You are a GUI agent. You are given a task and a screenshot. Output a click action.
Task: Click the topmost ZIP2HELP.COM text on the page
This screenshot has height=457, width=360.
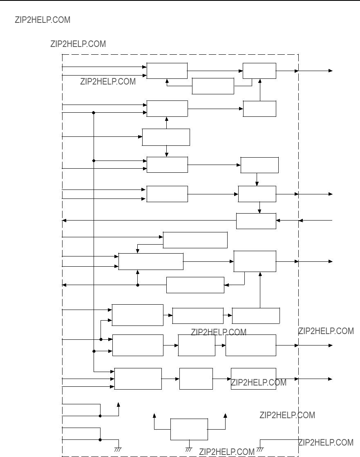click(42, 20)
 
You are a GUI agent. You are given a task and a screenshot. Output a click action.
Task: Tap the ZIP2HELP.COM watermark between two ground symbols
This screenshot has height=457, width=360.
click(227, 452)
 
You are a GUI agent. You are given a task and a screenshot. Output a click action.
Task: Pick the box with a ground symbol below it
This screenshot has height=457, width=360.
click(189, 429)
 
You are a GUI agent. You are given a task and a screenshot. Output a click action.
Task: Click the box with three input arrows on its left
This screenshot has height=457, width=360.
click(138, 379)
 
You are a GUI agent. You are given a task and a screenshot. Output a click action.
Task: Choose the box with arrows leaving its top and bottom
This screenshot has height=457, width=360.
click(166, 137)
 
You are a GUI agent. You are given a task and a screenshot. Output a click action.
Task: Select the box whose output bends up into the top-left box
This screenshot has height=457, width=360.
click(213, 86)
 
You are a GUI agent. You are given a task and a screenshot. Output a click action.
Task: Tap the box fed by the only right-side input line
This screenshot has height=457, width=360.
click(256, 221)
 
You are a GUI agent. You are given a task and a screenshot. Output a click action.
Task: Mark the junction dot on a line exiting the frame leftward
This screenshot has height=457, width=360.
click(138, 285)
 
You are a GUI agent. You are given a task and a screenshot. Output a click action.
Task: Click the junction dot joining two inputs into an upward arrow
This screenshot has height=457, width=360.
click(100, 416)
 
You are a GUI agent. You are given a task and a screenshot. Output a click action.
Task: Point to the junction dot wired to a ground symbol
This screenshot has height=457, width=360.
click(100, 440)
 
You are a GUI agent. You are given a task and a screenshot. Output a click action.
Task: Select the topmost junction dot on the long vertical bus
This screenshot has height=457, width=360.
click(94, 112)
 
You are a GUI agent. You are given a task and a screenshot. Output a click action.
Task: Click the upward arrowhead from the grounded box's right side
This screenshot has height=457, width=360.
click(225, 415)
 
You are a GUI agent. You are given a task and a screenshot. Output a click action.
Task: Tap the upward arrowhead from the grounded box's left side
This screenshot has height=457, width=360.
click(154, 415)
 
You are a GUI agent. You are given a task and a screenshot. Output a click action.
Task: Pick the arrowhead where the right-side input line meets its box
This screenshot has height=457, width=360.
click(278, 221)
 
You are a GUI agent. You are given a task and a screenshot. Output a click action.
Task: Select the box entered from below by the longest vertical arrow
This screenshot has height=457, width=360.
click(255, 261)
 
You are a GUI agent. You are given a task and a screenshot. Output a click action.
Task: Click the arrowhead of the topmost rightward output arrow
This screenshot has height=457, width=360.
click(331, 71)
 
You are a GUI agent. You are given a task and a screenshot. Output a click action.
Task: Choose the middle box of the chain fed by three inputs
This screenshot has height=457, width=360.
click(196, 379)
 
